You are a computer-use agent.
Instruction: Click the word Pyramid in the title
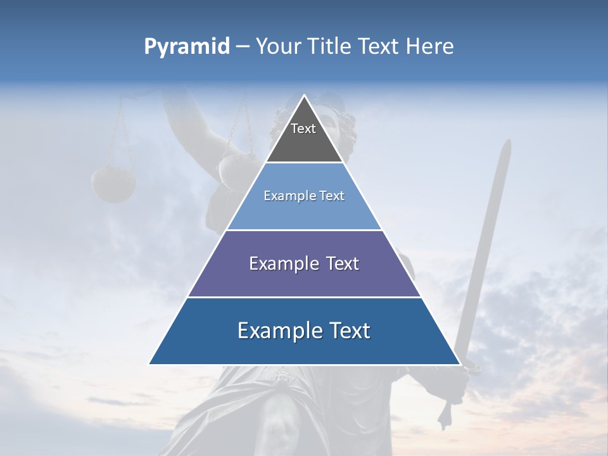[187, 47]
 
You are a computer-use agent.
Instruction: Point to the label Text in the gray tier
[303, 129]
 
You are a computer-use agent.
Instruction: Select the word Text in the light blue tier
[330, 196]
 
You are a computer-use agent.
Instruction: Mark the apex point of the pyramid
[304, 96]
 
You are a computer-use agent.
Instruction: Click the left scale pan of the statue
[113, 184]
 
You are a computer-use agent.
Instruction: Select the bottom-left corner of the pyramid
[149, 364]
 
